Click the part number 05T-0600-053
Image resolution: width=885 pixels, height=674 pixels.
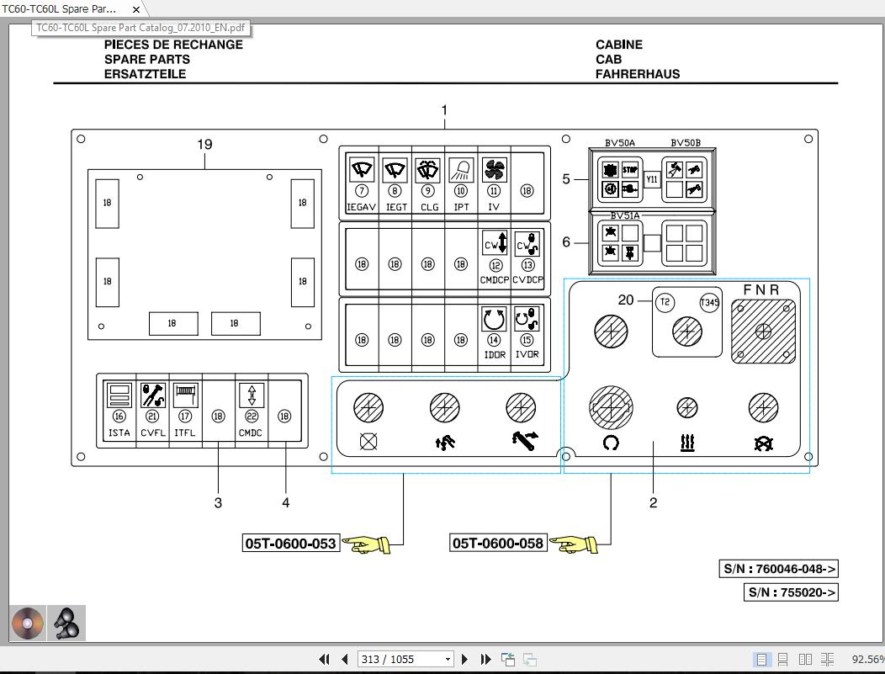(290, 544)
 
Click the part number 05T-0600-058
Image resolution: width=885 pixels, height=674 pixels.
(498, 544)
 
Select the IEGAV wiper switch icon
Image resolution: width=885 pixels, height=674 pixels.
(362, 170)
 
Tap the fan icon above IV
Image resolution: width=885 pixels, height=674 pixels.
(494, 170)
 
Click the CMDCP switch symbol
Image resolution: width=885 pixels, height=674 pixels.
(495, 244)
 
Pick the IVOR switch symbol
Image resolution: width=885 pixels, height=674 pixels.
(527, 320)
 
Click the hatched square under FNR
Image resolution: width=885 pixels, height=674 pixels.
(763, 331)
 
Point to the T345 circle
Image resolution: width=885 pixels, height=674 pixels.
(709, 303)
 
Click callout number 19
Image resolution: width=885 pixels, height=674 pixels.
(204, 144)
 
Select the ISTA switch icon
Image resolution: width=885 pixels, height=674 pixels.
(119, 395)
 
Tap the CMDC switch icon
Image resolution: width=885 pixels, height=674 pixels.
(251, 395)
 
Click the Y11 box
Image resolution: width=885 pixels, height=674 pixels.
(652, 179)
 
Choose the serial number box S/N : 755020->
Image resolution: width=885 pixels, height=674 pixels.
(792, 592)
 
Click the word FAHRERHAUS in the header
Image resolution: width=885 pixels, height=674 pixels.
(637, 74)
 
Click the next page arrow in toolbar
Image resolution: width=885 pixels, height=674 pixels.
(464, 660)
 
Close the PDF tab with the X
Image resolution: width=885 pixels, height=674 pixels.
(136, 9)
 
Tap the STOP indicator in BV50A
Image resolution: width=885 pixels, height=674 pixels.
(630, 170)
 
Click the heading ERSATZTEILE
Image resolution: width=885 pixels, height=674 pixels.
(145, 74)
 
